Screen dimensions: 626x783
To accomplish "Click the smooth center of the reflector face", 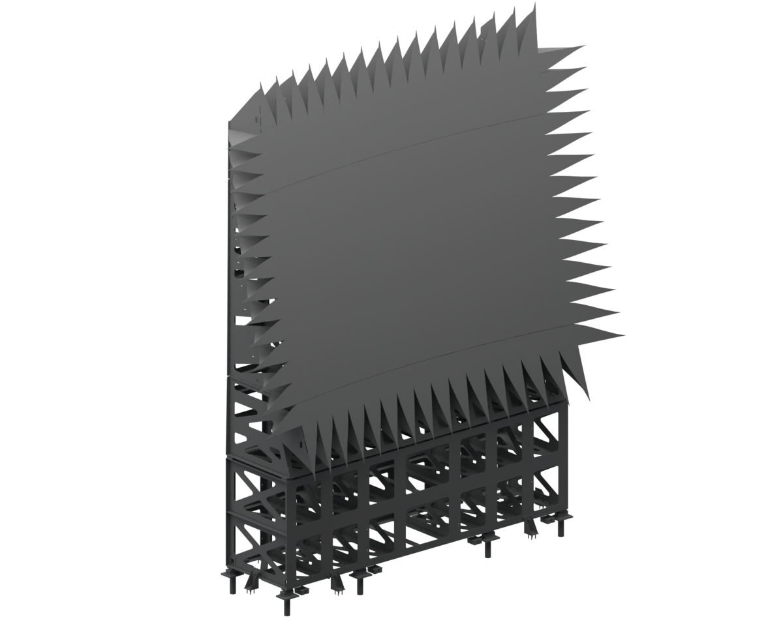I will tap(418, 254).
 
